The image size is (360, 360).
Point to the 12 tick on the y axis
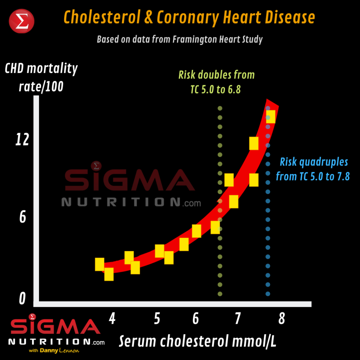tap(21, 140)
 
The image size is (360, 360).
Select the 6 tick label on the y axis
tap(22, 217)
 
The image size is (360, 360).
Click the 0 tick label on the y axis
tap(22, 299)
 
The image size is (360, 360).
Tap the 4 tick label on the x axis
tap(112, 319)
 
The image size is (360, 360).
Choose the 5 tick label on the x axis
tap(157, 319)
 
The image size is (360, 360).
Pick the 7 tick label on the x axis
tap(237, 319)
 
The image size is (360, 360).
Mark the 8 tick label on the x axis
tap(281, 319)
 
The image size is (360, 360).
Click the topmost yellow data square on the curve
tap(270, 116)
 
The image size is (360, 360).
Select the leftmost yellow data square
tap(99, 264)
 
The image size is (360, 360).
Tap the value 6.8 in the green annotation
tap(233, 89)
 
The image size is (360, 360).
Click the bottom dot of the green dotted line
tap(220, 294)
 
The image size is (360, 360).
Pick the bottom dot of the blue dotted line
tap(268, 294)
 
